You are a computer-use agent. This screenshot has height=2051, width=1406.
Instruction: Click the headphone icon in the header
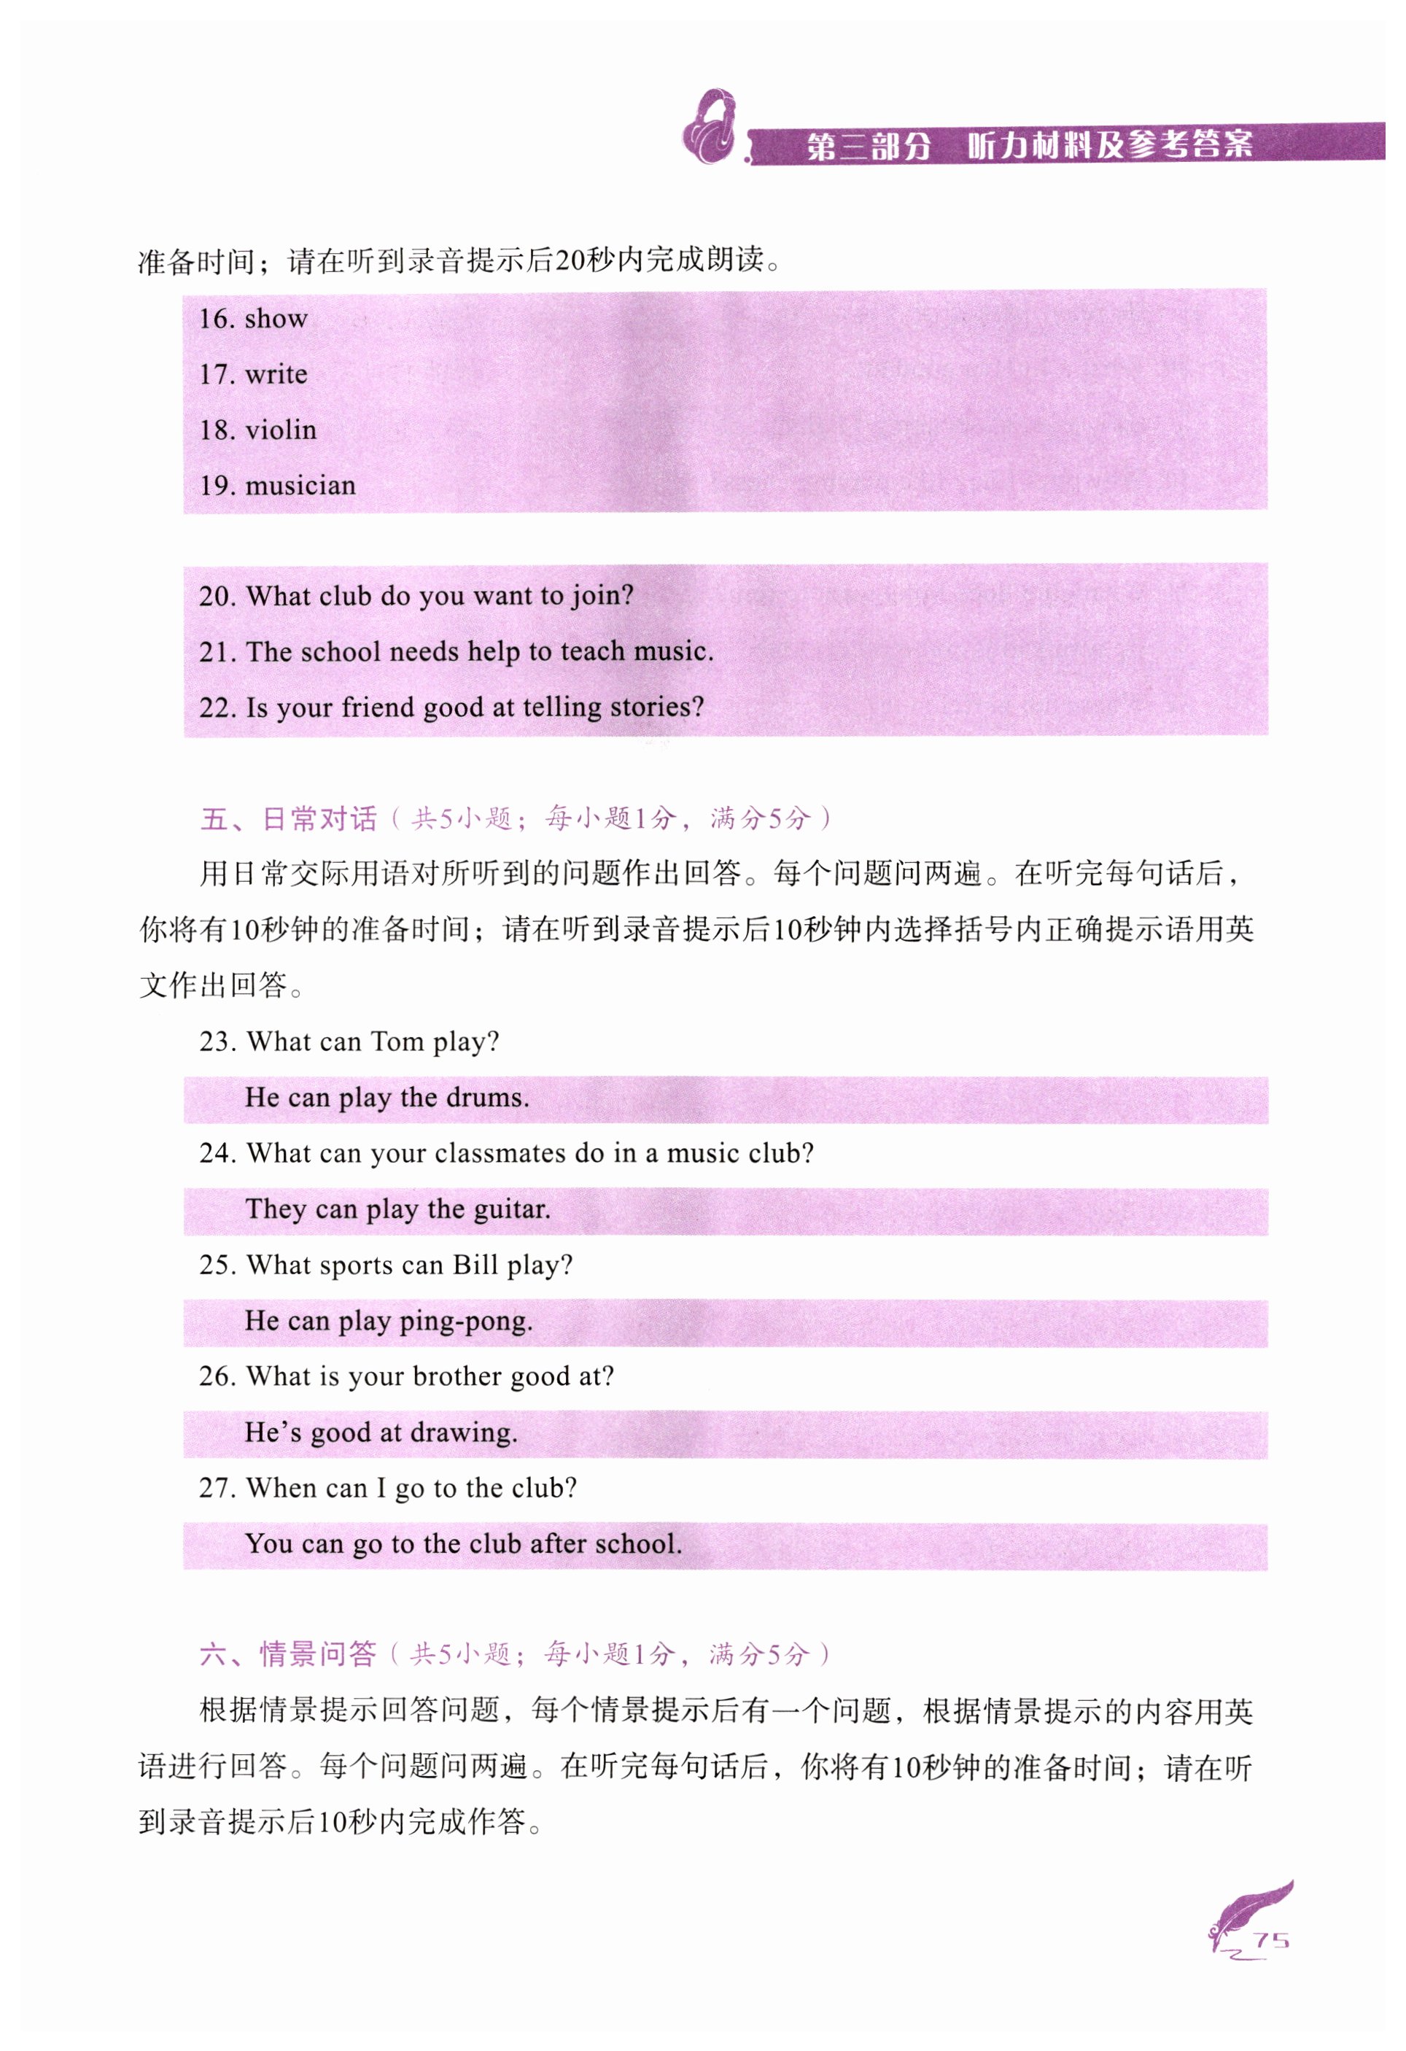pos(710,127)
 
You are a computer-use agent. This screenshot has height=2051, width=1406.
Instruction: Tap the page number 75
pos(1271,1939)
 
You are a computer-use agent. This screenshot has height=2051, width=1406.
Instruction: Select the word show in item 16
pos(276,319)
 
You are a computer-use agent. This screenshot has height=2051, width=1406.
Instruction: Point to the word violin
pos(281,430)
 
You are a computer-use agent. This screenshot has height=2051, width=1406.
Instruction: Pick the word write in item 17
pos(276,374)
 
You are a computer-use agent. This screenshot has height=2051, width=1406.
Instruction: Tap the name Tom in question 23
pos(397,1042)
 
